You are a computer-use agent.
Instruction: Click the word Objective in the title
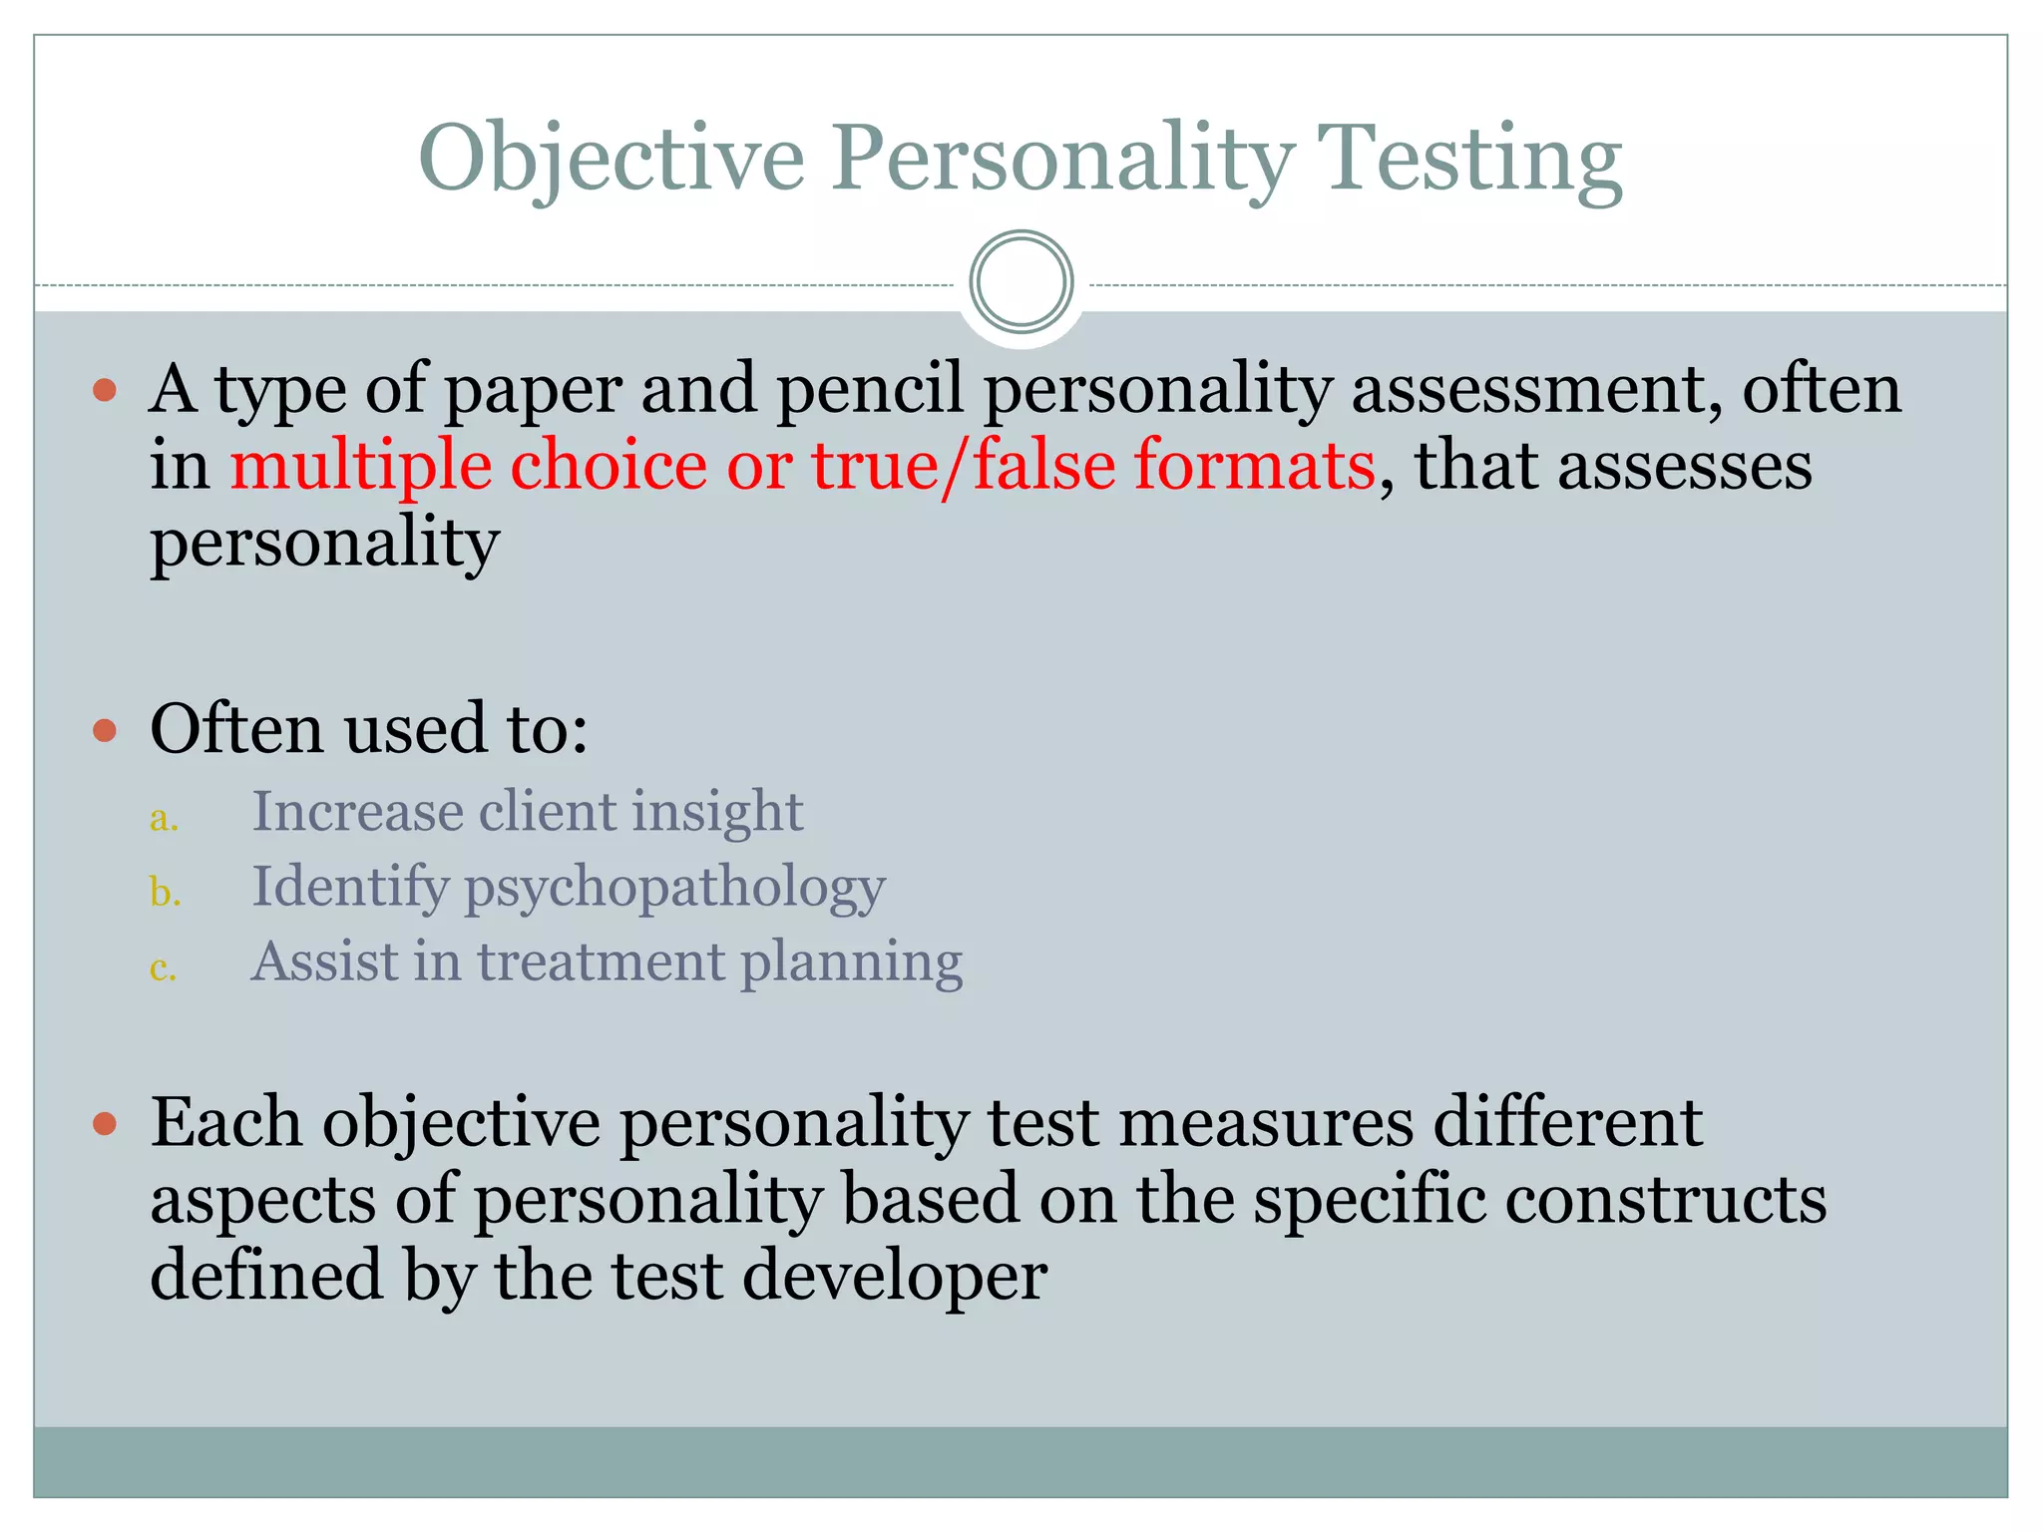[x=611, y=160]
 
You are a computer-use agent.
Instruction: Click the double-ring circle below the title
[x=1021, y=282]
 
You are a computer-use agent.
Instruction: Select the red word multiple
[x=361, y=466]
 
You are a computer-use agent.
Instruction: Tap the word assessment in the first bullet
[x=1536, y=389]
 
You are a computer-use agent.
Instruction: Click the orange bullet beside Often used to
[x=105, y=731]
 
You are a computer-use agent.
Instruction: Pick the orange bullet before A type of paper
[x=105, y=389]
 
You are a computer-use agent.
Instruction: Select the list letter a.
[x=163, y=818]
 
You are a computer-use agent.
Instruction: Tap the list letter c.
[x=163, y=967]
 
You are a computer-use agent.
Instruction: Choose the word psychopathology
[x=674, y=888]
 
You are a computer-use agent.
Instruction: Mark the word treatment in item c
[x=601, y=961]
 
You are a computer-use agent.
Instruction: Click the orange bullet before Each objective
[x=105, y=1125]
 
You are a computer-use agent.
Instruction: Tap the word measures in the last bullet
[x=1265, y=1123]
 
